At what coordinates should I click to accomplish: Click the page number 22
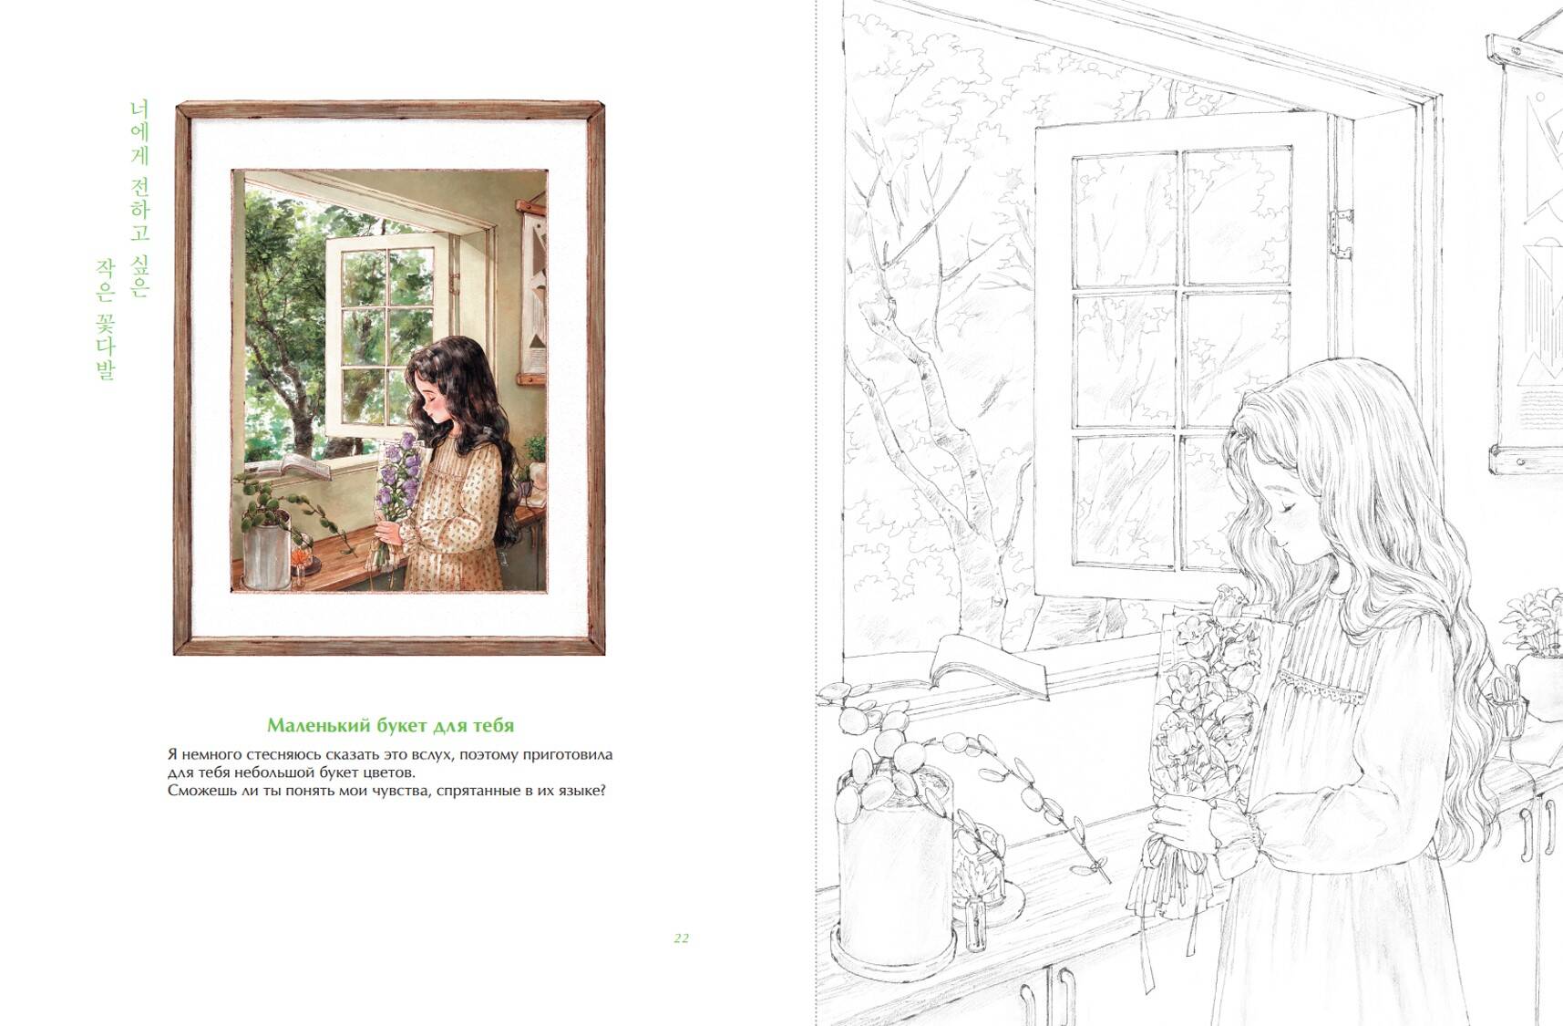point(682,938)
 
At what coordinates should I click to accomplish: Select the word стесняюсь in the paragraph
point(290,755)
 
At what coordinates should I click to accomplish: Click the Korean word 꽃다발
point(107,346)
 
